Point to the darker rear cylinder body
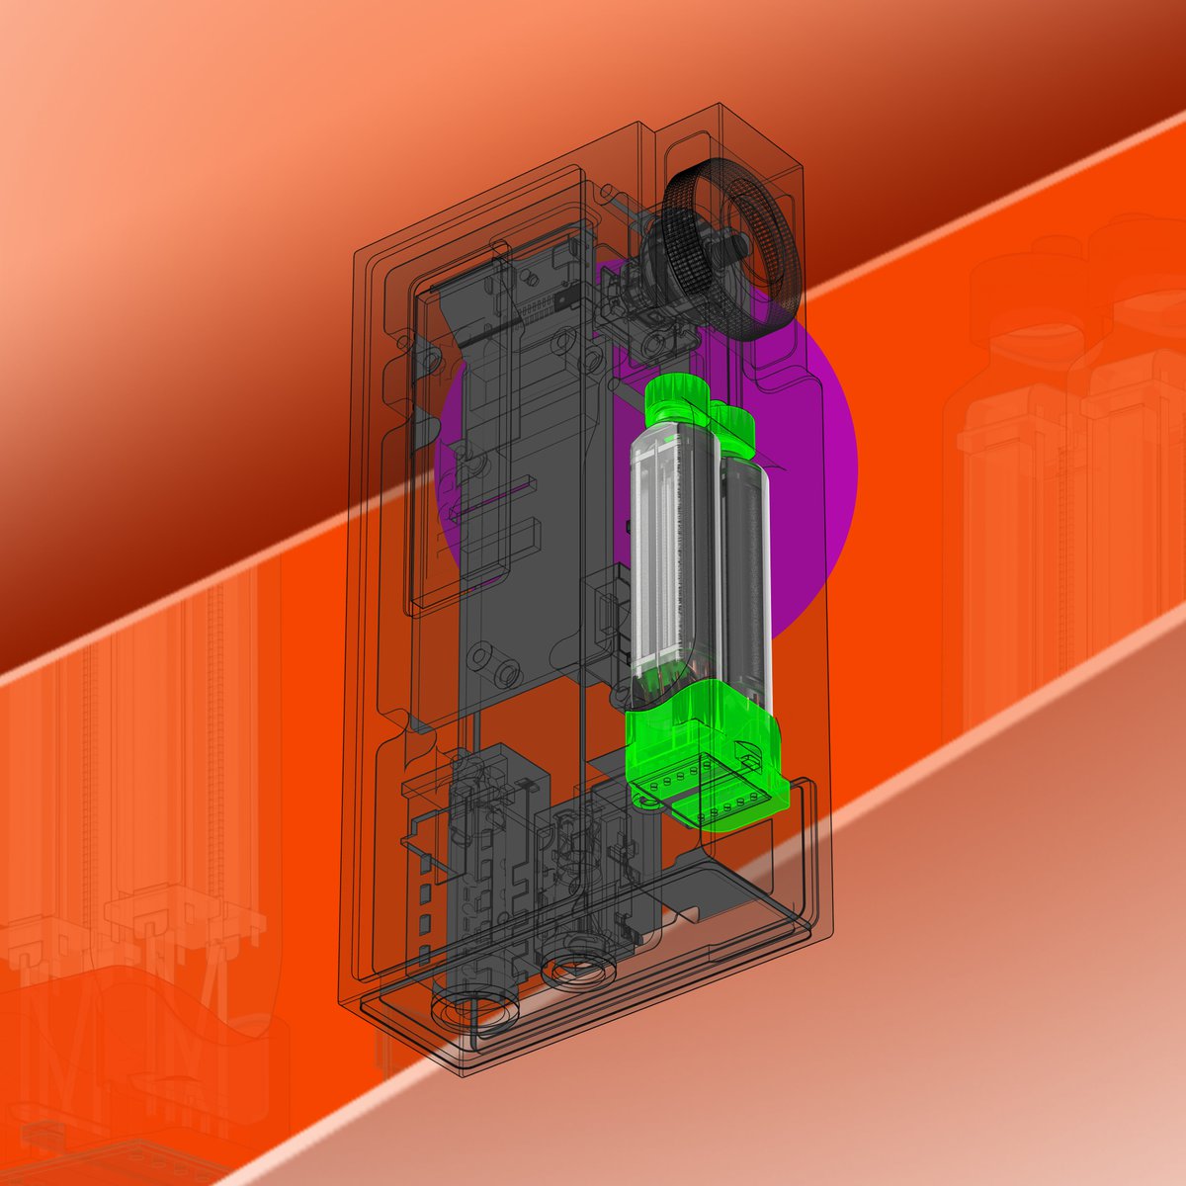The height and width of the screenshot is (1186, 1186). tap(747, 573)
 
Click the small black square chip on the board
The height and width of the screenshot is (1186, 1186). tap(563, 294)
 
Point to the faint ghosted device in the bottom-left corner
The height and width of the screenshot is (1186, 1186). tap(128, 889)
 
